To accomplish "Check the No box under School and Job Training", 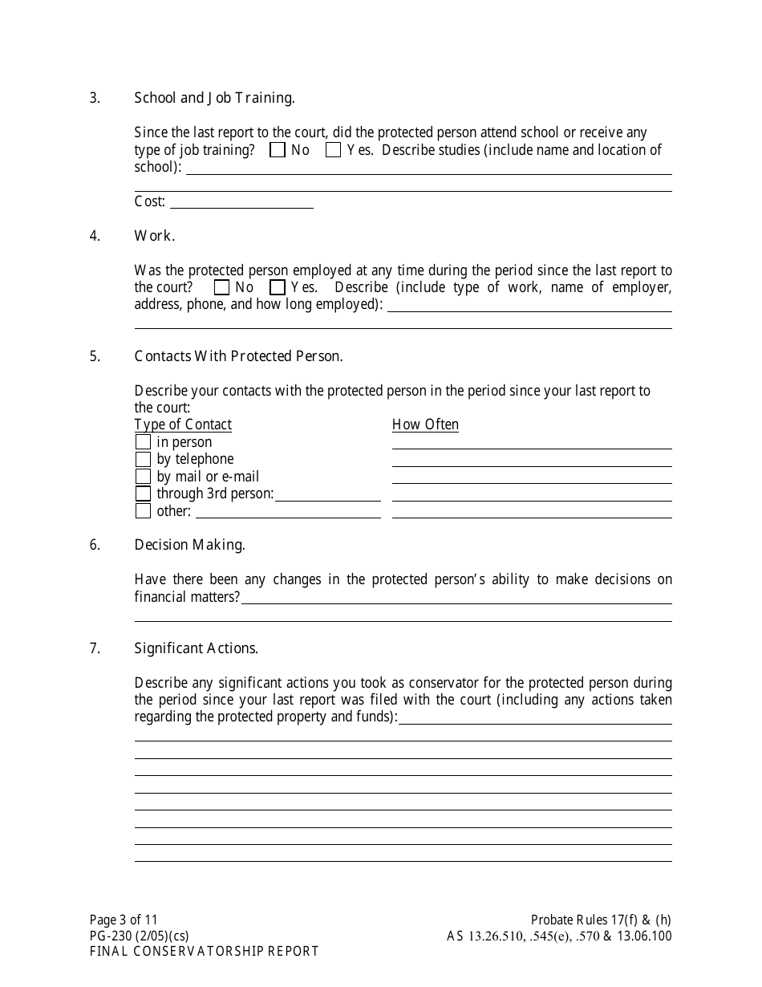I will (x=278, y=150).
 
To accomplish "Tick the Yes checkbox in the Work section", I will (x=278, y=287).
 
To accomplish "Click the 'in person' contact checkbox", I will (x=143, y=442).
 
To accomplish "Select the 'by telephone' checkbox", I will (x=143, y=459).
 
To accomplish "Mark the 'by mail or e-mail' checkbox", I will (x=143, y=477).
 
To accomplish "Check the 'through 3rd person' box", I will (x=143, y=494).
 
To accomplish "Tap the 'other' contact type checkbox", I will (x=143, y=511).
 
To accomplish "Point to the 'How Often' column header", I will (x=425, y=424).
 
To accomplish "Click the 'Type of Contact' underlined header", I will (x=183, y=424).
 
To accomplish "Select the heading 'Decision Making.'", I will (x=189, y=545).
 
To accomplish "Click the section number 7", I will (x=95, y=648).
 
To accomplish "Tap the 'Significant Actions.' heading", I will (x=196, y=648).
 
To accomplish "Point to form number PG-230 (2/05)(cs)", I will (x=139, y=936).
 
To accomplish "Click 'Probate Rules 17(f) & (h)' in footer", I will (x=601, y=920).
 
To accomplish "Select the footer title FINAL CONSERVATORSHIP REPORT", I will (x=204, y=951).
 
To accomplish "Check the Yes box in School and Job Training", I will (x=334, y=150).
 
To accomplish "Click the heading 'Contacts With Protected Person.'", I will (x=238, y=356).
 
